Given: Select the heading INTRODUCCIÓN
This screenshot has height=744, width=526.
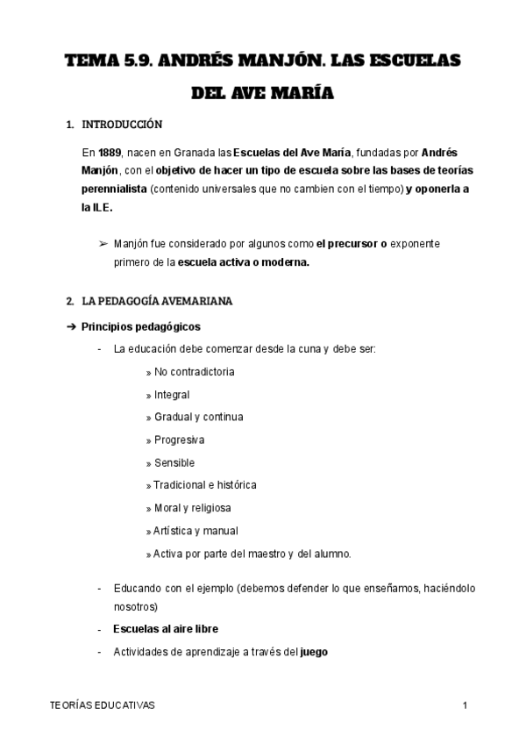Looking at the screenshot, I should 122,125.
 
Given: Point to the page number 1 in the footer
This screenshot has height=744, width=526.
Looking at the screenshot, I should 466,705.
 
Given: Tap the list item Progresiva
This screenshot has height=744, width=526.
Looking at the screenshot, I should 179,440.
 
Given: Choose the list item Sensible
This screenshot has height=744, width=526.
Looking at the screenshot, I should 174,462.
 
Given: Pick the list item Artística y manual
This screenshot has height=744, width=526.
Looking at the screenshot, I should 195,531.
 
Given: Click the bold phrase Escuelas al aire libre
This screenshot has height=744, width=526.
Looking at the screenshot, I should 166,629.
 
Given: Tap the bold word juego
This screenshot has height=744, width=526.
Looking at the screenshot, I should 314,652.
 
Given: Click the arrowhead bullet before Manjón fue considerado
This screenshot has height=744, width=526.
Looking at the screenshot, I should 104,243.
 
